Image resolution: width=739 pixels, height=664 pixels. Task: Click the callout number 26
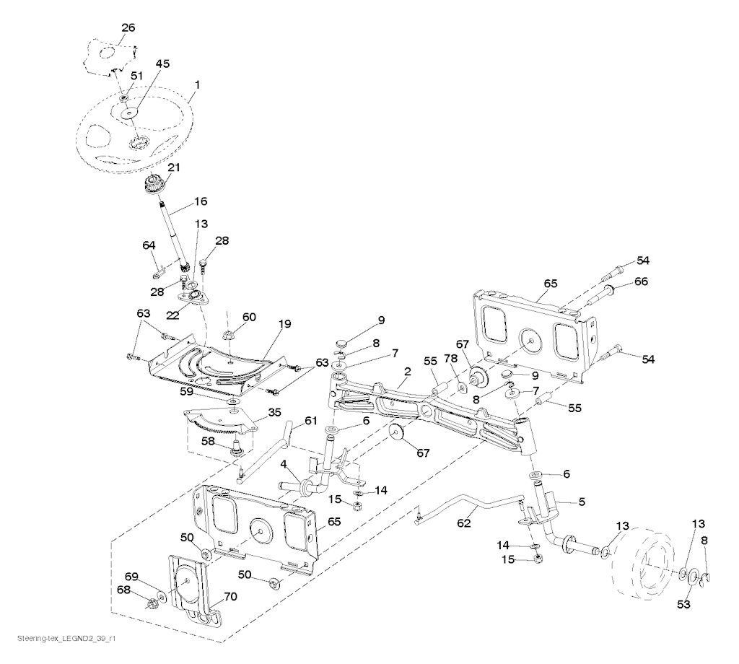click(x=128, y=28)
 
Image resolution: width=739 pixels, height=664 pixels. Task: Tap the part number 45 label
click(x=162, y=64)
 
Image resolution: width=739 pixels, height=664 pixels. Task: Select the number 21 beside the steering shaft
click(x=173, y=167)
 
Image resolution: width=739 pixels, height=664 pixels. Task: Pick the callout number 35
click(x=274, y=414)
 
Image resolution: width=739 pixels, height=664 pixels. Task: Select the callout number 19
click(x=285, y=324)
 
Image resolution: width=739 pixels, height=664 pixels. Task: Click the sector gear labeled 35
click(x=217, y=422)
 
